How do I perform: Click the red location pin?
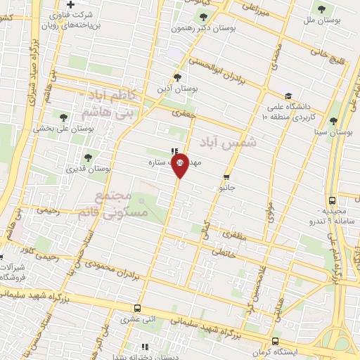click(x=180, y=165)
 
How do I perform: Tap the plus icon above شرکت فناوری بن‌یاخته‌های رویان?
click(x=70, y=6)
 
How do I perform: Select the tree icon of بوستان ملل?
click(x=321, y=10)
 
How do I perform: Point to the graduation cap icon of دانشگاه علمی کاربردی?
click(x=288, y=96)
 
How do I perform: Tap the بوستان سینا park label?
click(x=334, y=131)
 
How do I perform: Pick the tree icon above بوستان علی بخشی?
click(x=64, y=117)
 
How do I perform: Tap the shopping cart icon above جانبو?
click(x=226, y=177)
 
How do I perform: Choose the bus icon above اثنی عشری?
click(x=138, y=308)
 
